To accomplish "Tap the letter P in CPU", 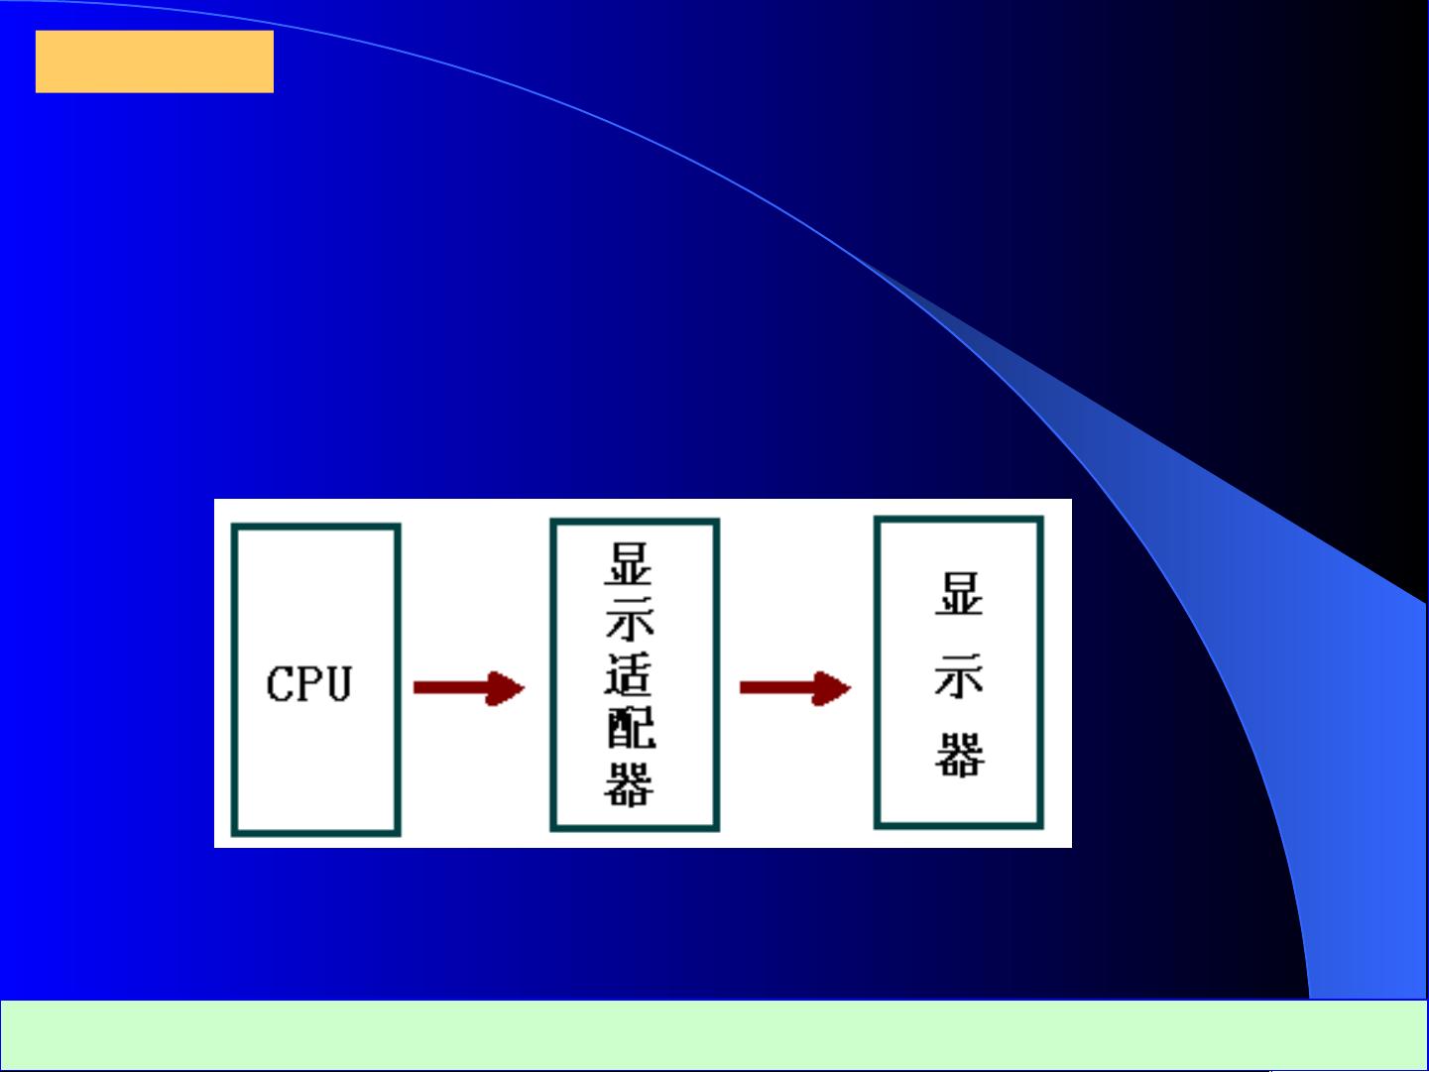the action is tap(309, 684).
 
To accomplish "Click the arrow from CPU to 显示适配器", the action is tap(469, 688).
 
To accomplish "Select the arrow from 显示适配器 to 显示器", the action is tap(795, 688).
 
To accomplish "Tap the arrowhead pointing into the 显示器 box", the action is tap(832, 688).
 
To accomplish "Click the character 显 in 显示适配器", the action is tap(629, 563).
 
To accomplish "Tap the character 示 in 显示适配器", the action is tap(630, 619).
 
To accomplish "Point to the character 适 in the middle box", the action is tap(629, 673).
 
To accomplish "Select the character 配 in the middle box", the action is tap(631, 728).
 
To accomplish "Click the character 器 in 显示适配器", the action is tap(629, 784).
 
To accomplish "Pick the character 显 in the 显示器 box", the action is tap(960, 594).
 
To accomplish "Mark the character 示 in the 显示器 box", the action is tap(959, 675).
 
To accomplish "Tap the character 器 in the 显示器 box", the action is tap(960, 755).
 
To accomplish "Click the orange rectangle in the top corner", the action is tap(155, 61).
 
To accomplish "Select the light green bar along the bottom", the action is tap(714, 1034).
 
